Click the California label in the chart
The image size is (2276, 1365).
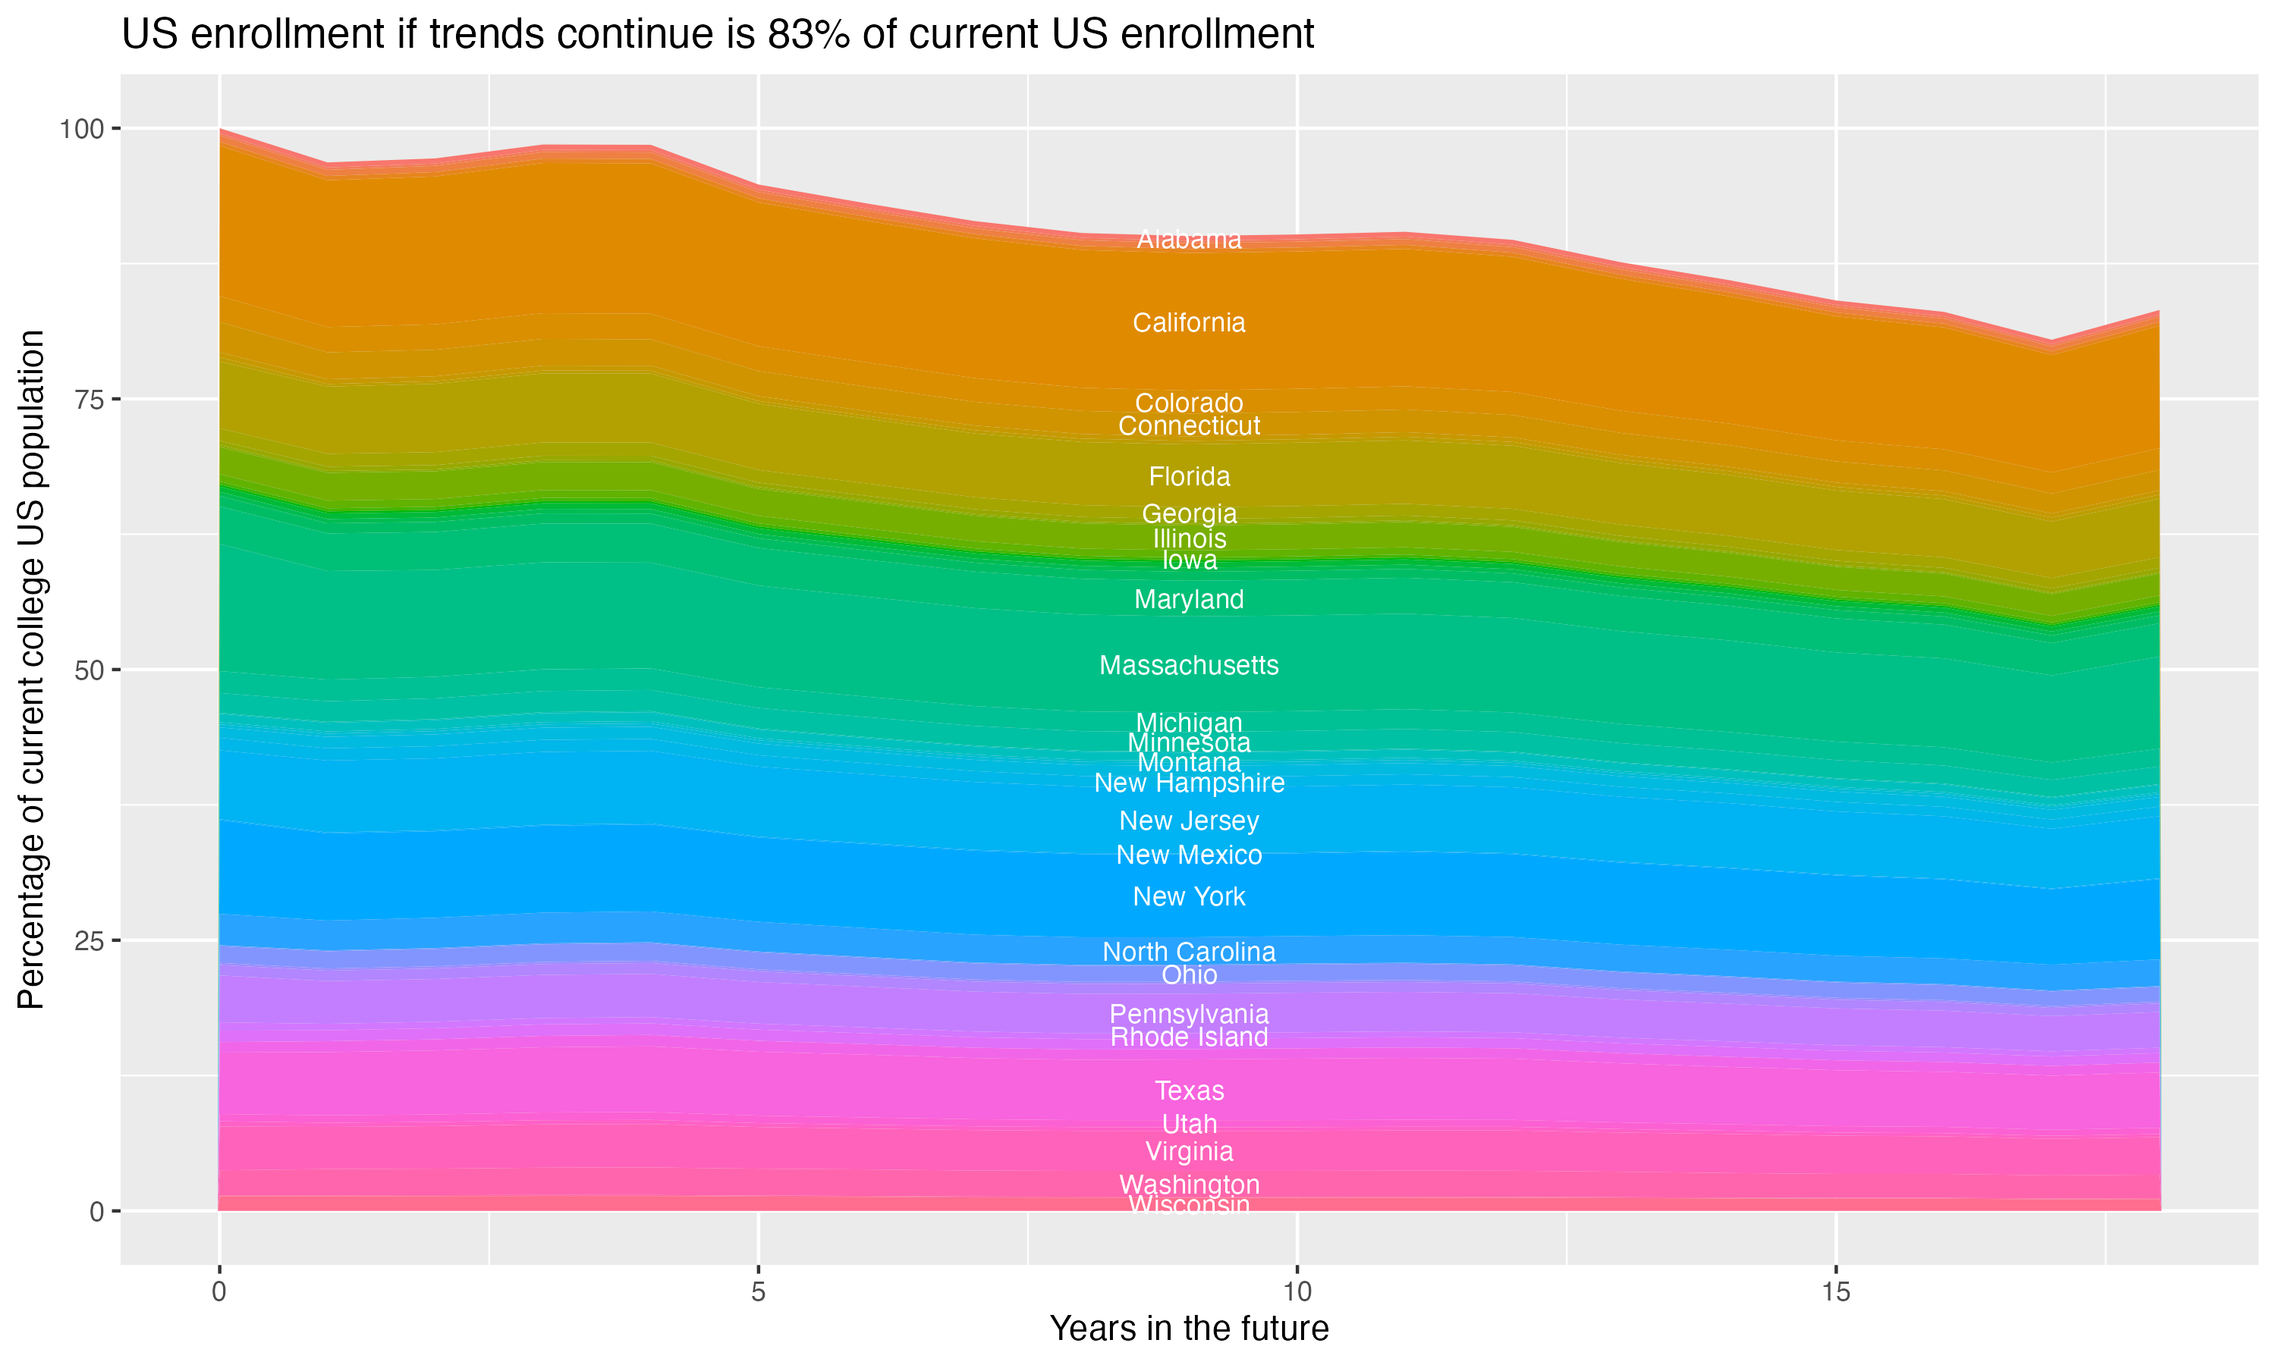[x=1189, y=323]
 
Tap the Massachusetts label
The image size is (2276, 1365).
[x=1189, y=665]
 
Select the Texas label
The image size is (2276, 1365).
[x=1189, y=1091]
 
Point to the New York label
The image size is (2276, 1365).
[x=1189, y=897]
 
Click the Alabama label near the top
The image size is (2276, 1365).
[x=1189, y=239]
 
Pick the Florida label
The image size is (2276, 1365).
[x=1189, y=476]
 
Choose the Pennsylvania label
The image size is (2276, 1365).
[x=1189, y=1015]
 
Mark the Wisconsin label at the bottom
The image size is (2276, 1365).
[x=1189, y=1205]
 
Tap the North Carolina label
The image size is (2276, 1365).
[x=1189, y=952]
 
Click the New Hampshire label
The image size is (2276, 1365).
[x=1189, y=783]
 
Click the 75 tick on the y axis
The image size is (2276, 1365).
[x=87, y=399]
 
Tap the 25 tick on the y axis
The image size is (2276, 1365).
[x=87, y=941]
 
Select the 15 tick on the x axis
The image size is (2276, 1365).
[x=1835, y=1292]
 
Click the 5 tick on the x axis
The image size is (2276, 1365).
[x=758, y=1292]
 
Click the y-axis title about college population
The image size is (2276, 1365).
[x=31, y=670]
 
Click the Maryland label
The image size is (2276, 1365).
[x=1189, y=600]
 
